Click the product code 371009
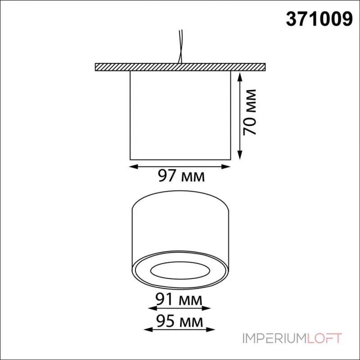pyautogui.click(x=319, y=19)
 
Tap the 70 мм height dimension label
pyautogui.click(x=250, y=112)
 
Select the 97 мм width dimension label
pyautogui.click(x=181, y=176)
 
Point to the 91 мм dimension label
pyautogui.click(x=179, y=299)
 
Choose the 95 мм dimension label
pyautogui.click(x=180, y=321)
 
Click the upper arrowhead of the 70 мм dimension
pyautogui.click(x=240, y=77)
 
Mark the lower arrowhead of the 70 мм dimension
pyautogui.click(x=240, y=154)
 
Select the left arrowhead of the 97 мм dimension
pyautogui.click(x=134, y=166)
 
